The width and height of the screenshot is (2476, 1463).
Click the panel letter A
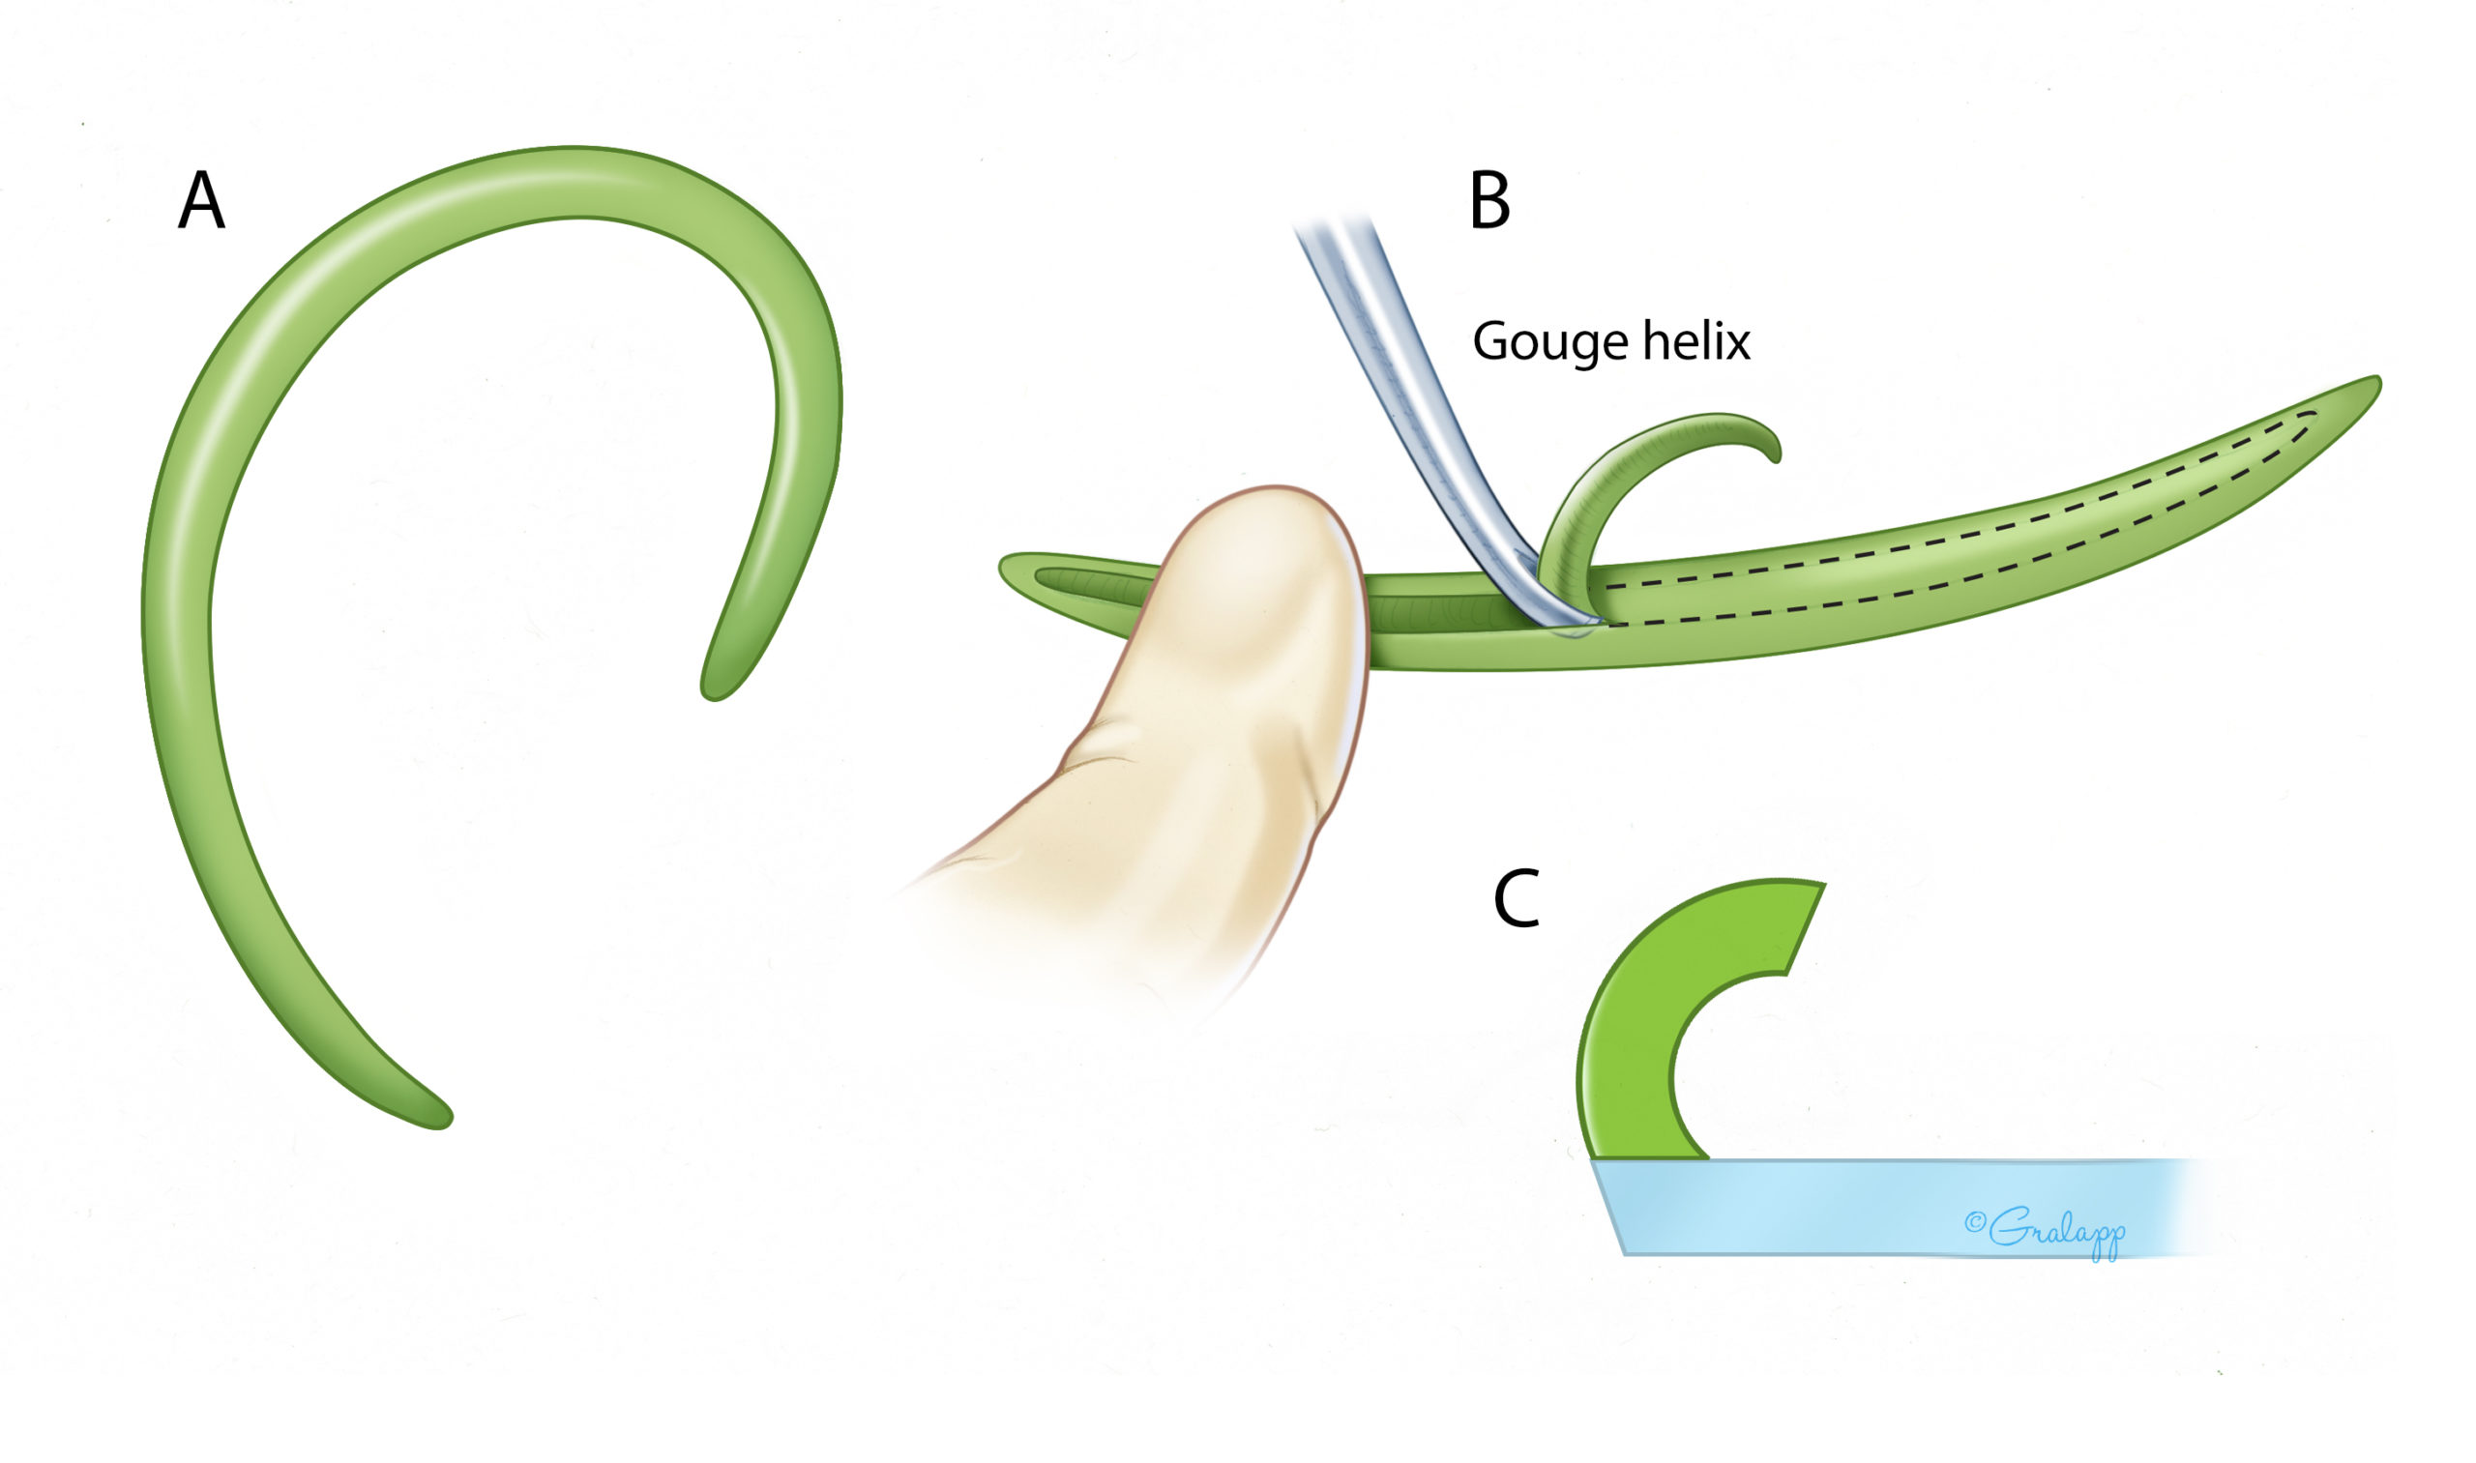tap(202, 201)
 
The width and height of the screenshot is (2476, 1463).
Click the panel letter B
tap(1489, 201)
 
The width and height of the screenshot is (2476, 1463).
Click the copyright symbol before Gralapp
tap(1974, 1222)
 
